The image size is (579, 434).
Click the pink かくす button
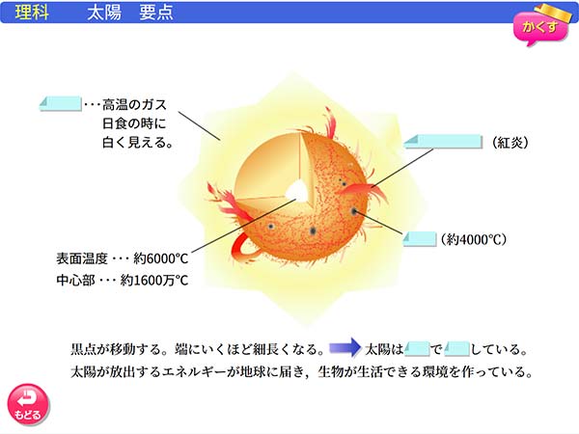click(x=539, y=27)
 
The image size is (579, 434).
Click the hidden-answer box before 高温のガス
click(x=60, y=104)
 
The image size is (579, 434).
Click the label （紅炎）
click(x=511, y=143)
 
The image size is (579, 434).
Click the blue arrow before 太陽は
click(x=343, y=345)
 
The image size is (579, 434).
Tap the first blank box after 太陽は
click(x=417, y=346)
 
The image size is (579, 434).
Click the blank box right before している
click(x=457, y=346)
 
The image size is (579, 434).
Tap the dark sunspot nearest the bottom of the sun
click(x=316, y=232)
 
